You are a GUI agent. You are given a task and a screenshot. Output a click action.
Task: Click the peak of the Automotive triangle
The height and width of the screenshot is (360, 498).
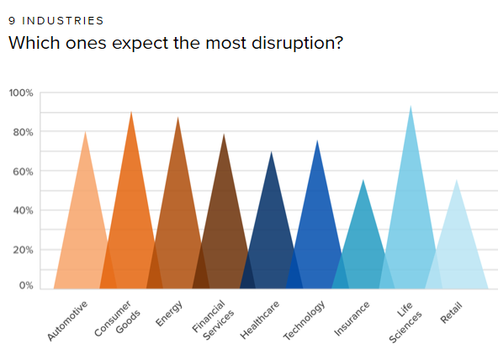pos(86,131)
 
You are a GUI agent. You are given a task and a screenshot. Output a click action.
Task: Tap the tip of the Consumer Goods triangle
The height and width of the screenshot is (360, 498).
pos(131,111)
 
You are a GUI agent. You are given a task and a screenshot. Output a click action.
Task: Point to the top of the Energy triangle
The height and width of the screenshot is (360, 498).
pos(177,117)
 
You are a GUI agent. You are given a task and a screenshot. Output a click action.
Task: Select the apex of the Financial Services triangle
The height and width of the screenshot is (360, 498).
pos(224,134)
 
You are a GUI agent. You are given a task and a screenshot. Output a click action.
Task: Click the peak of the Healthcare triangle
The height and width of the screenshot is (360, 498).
pos(271,151)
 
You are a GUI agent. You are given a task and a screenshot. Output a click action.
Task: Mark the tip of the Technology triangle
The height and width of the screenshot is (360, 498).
pos(317,140)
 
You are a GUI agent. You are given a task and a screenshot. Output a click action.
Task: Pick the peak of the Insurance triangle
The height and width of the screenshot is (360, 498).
pos(363,180)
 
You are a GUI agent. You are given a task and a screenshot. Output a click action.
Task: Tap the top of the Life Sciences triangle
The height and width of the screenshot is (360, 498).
pos(411,105)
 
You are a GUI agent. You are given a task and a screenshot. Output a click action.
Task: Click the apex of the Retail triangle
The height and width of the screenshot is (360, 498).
pos(457,180)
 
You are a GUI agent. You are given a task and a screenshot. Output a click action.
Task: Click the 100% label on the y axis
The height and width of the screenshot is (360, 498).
pos(21,93)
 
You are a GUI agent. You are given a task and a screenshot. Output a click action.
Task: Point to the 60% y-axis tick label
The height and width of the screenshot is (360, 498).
pos(23,172)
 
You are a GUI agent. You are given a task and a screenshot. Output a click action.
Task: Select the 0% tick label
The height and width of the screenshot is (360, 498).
pos(26,285)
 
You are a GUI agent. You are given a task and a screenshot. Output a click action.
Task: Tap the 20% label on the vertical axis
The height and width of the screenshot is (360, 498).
pos(23,250)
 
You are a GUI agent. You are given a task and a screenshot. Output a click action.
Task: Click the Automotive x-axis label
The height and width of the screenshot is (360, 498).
pos(67,320)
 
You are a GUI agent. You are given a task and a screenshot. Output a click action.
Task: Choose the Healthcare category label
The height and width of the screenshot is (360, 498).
pos(260,320)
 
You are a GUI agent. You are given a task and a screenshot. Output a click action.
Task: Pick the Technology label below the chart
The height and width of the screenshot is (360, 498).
pos(305,320)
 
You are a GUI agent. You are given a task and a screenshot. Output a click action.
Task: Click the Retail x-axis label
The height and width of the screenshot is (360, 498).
pos(451,313)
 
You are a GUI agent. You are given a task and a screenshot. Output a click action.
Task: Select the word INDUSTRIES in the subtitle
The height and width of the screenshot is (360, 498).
pos(62,21)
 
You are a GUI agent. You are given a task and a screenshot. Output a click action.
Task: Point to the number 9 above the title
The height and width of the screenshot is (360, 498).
pos(12,21)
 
